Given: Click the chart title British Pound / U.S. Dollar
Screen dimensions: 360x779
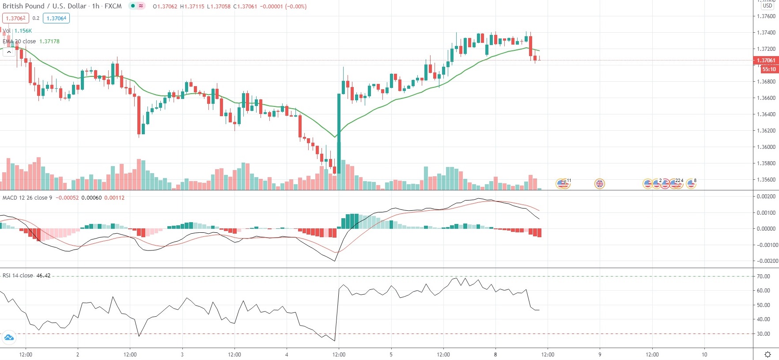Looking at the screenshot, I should pos(45,6).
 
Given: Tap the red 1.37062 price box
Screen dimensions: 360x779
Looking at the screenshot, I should pos(15,18).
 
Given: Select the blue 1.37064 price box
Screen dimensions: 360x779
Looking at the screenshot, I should pos(57,18).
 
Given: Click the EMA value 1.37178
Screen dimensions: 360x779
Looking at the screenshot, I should pos(49,41).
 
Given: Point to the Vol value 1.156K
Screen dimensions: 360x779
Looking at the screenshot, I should pos(23,31).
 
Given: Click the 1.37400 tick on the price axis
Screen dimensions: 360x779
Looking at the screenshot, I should pos(766,33).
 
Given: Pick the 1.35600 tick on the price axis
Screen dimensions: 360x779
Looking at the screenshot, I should pos(766,180).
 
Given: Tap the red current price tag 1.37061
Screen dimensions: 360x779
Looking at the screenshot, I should pos(766,61).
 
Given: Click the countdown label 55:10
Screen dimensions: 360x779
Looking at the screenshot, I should pos(768,69).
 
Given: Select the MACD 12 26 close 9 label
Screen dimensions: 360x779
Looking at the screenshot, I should pos(27,197).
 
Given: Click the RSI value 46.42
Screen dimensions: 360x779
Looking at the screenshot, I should pos(43,275).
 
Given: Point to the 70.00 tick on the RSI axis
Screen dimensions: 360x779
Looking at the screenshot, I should pos(763,277).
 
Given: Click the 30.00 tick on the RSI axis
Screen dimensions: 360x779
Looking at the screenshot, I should pos(763,334).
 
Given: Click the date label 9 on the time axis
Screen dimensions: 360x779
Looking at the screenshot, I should pos(600,354).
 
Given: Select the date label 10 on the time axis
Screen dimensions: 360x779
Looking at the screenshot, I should pos(704,354).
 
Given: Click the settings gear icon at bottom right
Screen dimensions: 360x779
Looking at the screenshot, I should pos(768,354).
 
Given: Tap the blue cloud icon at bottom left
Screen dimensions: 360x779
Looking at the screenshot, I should pos(9,338).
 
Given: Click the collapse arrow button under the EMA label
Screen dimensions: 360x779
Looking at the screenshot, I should pos(9,52).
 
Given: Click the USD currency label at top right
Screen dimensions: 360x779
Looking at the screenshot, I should pos(768,6).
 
